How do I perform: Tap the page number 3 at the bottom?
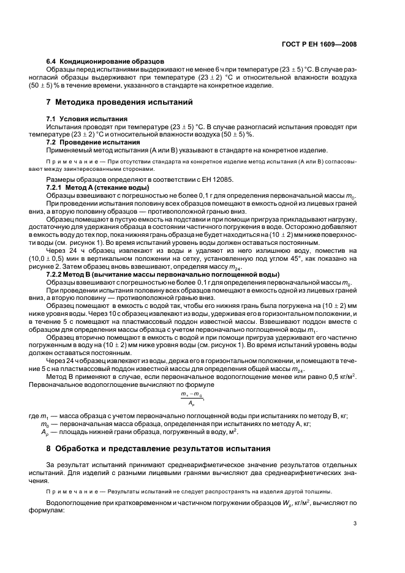[x=355, y=523]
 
